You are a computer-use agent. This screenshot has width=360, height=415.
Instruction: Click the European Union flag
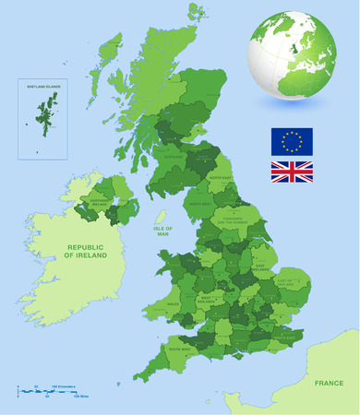[292, 141]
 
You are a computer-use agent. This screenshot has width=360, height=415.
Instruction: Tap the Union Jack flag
[292, 172]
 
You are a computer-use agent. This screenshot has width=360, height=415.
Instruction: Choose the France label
[330, 381]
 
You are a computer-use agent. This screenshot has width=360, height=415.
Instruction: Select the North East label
[220, 178]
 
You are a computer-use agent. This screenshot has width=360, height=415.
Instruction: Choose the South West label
[180, 350]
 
